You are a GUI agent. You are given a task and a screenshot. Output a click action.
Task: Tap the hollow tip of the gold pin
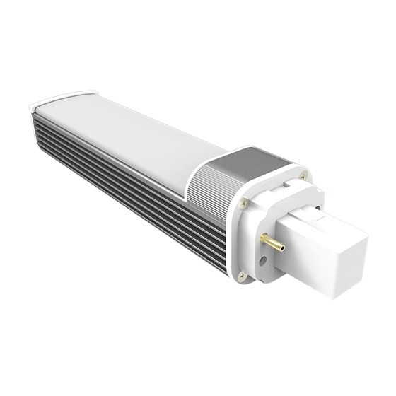pyautogui.click(x=282, y=248)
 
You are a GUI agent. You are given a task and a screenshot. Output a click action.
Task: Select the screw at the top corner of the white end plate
pyautogui.click(x=302, y=172)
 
